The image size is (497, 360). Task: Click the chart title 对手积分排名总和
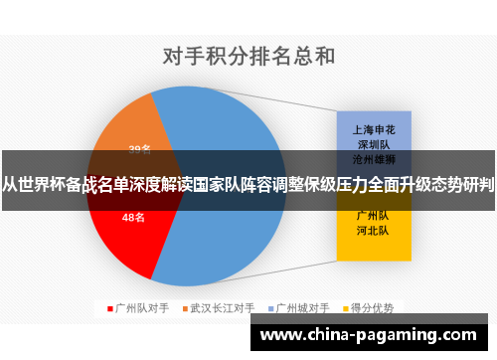248,57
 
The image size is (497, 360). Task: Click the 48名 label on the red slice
134,217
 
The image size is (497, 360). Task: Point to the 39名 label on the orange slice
139,150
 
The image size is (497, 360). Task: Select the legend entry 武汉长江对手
223,307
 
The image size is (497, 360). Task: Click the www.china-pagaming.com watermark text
368,334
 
